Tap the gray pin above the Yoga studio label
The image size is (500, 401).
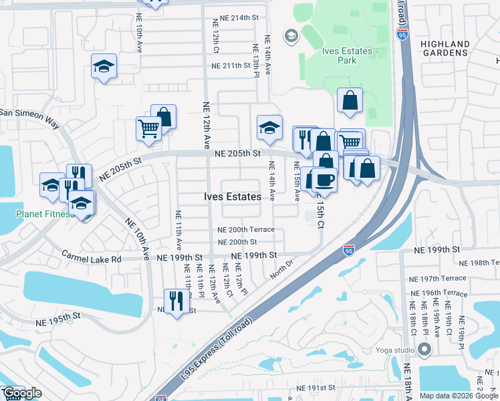pos(424,349)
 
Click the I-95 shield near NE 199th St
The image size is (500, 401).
pos(349,251)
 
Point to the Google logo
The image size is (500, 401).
pos(22,394)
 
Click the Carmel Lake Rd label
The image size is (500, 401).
pos(92,257)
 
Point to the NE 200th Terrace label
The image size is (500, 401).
pos(246,229)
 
